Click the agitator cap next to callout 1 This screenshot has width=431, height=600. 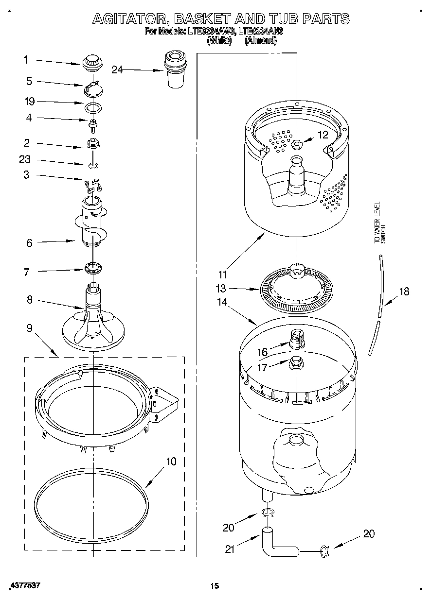(x=90, y=62)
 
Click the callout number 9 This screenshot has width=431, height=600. (x=30, y=328)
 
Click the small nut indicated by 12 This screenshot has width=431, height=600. (x=296, y=144)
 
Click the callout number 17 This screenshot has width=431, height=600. (x=262, y=368)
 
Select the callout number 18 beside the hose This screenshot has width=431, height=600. (x=404, y=291)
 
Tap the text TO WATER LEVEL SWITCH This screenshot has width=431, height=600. (x=379, y=223)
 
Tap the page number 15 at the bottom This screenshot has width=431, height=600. (x=215, y=586)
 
